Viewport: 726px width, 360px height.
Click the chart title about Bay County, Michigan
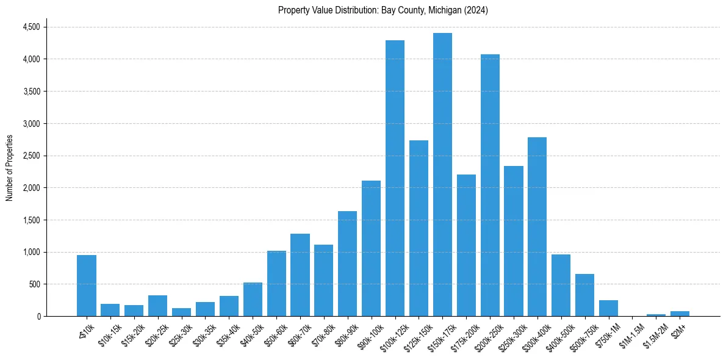coord(383,10)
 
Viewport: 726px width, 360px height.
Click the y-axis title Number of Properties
coord(10,168)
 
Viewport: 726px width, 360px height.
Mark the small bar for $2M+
coord(680,314)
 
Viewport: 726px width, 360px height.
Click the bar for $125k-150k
coord(419,228)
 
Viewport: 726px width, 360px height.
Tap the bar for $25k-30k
coord(181,312)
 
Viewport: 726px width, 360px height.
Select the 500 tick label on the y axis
coord(35,284)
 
